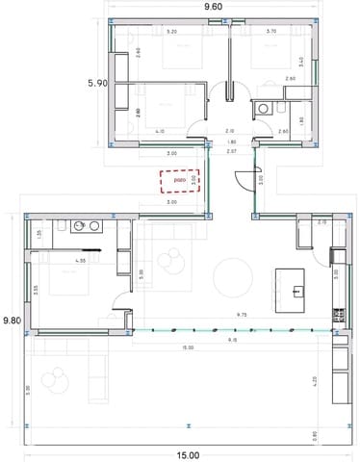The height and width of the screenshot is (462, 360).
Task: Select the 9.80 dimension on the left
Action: click(11, 320)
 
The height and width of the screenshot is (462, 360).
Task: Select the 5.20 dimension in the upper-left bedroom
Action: click(171, 32)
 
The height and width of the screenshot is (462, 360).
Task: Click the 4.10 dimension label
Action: click(160, 131)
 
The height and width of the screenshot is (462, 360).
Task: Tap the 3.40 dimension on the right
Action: click(301, 61)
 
